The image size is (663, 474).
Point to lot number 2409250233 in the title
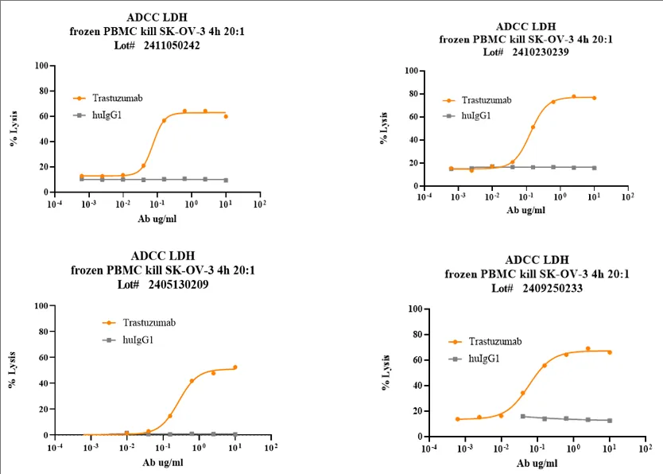(548, 288)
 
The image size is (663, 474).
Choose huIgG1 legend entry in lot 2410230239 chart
(475, 115)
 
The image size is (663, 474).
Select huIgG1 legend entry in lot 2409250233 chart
(484, 359)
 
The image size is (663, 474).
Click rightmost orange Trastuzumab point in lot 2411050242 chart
(226, 116)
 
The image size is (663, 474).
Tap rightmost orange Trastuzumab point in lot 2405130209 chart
(235, 367)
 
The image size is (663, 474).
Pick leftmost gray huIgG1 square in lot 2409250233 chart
(522, 416)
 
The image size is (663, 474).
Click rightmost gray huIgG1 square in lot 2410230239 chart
(594, 168)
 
